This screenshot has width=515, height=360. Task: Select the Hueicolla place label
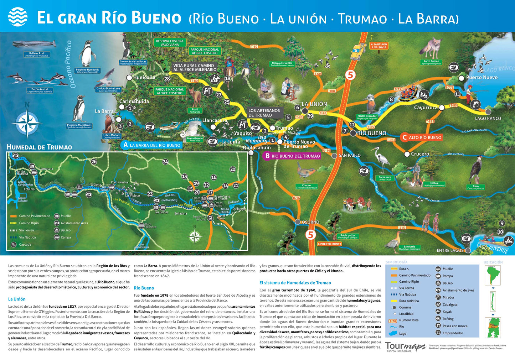click(144, 77)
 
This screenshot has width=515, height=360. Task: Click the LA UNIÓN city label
click(314, 104)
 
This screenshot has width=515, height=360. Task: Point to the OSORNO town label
click(310, 222)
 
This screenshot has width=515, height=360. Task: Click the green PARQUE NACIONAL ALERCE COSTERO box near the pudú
click(170, 91)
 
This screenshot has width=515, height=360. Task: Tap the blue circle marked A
click(125, 145)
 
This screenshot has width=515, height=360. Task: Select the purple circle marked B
click(267, 156)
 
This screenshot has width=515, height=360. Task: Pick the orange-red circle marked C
click(405, 137)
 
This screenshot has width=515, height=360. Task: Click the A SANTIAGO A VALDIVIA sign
click(379, 46)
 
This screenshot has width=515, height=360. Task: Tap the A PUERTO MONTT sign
click(330, 244)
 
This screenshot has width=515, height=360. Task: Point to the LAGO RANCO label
click(488, 119)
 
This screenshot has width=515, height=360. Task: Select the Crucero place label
click(420, 154)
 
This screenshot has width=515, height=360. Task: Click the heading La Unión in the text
click(17, 299)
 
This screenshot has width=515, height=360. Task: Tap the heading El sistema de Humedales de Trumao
click(295, 283)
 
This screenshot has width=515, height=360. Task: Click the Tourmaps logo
click(405, 346)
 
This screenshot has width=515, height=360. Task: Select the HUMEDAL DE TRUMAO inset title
click(39, 147)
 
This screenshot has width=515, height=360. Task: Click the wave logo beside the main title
click(18, 17)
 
